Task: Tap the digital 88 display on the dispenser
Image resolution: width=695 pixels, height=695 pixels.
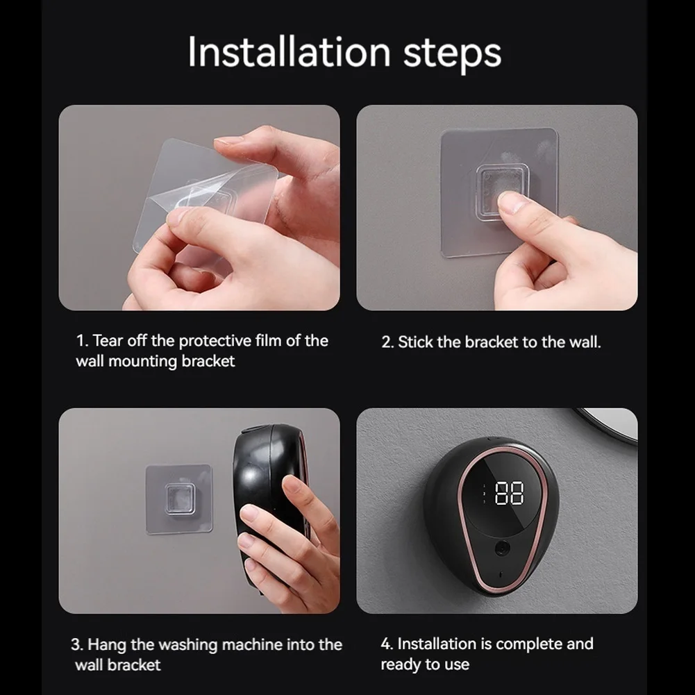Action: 509,494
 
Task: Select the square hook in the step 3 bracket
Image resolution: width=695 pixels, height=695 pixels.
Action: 178,500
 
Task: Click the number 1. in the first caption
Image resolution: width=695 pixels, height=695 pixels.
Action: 82,341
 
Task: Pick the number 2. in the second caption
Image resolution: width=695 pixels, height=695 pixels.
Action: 387,342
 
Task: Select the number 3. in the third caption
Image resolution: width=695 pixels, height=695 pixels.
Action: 77,644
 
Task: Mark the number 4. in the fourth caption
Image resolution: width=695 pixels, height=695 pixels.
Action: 387,644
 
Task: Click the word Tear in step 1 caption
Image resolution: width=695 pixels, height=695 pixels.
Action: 108,341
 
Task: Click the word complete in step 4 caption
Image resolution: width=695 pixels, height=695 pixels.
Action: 529,644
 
